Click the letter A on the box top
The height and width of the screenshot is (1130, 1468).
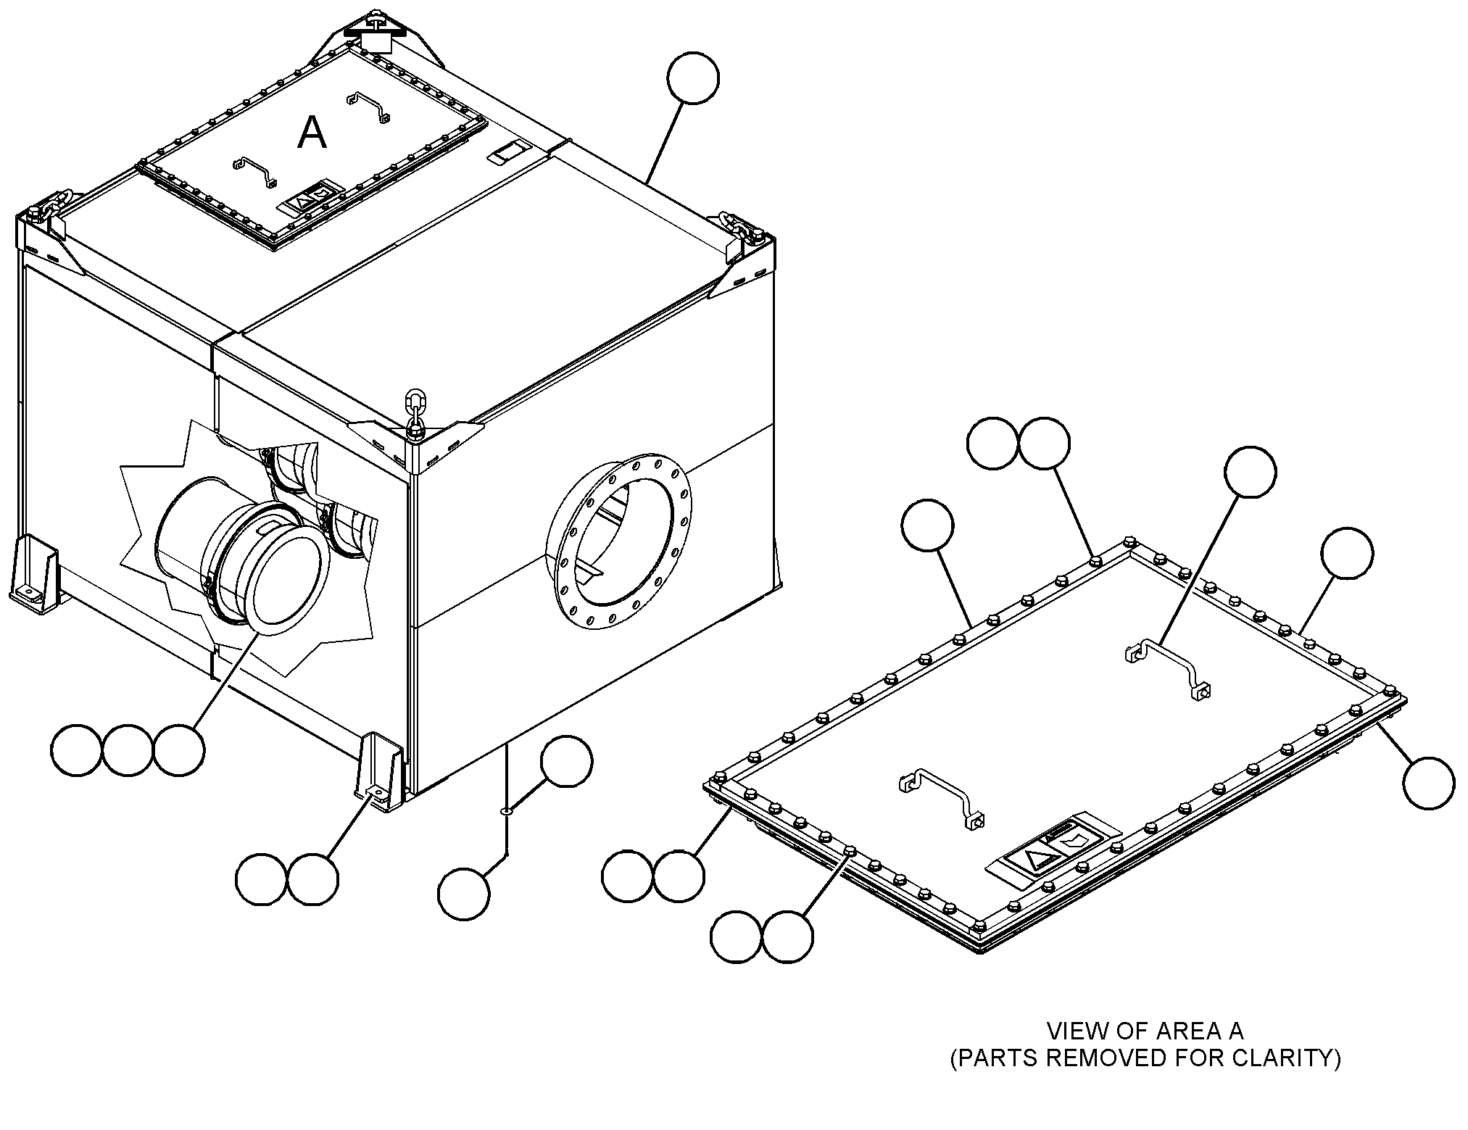tap(312, 133)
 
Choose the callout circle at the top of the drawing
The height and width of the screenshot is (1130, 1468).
tap(694, 78)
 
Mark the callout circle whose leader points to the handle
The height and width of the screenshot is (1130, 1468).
tap(1250, 472)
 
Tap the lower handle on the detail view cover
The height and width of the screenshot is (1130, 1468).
tap(941, 797)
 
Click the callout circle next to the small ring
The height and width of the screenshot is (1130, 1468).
tap(566, 761)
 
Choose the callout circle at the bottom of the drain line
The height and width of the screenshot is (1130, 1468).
tap(464, 895)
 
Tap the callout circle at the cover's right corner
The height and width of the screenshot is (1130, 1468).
tap(1428, 783)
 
